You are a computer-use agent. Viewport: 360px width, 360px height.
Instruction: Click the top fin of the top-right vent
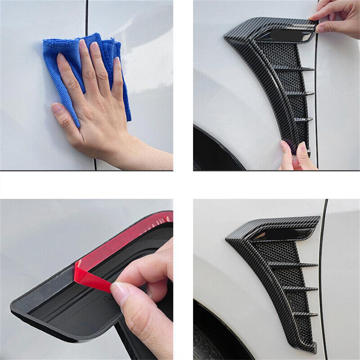293,68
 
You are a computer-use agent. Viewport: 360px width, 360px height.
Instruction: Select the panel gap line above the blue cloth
86,16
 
